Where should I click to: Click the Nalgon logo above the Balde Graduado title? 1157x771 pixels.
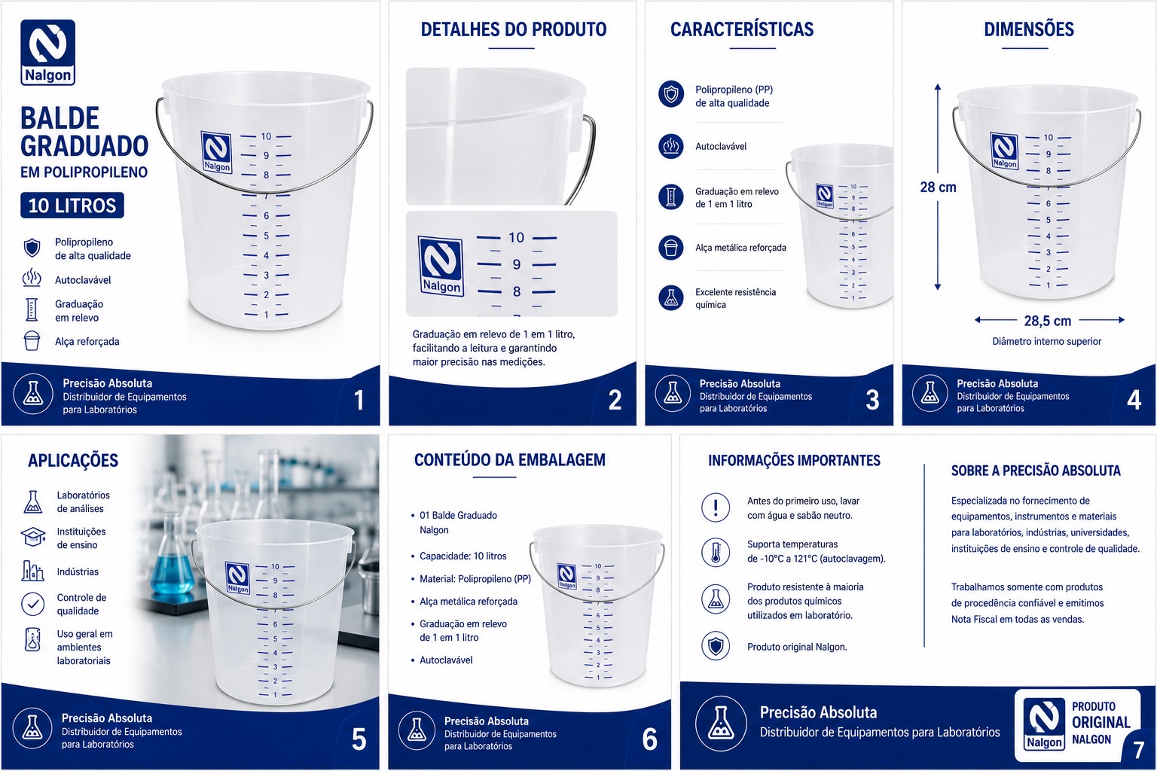(48, 52)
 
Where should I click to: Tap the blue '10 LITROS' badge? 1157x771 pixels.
(72, 206)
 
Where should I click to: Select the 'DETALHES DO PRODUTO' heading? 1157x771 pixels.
(514, 29)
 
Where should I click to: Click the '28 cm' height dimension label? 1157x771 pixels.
(938, 187)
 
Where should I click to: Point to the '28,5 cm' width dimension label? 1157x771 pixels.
(1048, 321)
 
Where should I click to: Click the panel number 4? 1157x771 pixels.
(1134, 399)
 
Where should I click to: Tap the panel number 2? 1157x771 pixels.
(615, 400)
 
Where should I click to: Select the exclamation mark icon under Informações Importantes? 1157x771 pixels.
(716, 507)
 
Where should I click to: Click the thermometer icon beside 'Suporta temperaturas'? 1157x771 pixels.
(716, 552)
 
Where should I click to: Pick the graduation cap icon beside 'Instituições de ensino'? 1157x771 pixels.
(33, 537)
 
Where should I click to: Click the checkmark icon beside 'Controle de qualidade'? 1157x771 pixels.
(32, 604)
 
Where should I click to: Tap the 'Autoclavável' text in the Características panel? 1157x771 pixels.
(721, 147)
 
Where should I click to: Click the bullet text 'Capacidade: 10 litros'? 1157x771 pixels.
(462, 556)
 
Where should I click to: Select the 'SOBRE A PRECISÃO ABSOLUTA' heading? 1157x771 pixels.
(1036, 471)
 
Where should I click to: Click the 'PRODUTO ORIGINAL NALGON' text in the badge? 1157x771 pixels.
(1101, 723)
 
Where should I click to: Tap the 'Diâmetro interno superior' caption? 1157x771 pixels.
(1046, 341)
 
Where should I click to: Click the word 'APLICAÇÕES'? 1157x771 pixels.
(73, 460)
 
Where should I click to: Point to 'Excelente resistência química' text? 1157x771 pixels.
(735, 298)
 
